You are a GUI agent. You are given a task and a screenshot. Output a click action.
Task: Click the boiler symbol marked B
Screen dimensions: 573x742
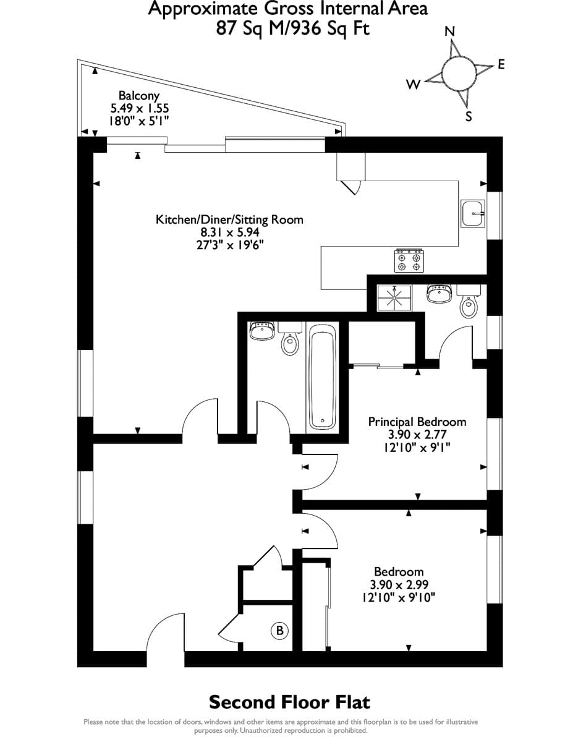[x=279, y=630]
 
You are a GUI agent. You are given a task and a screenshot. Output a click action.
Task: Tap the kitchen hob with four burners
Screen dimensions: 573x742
[x=409, y=261]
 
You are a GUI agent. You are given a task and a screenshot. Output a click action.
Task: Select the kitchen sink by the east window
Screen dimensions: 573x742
[x=473, y=213]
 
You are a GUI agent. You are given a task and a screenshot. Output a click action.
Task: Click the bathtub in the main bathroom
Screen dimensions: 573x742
[x=323, y=377]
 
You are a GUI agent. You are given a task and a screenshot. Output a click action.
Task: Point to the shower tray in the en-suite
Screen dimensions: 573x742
[x=394, y=298]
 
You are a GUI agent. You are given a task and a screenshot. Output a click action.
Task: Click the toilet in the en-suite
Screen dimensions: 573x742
[x=469, y=302]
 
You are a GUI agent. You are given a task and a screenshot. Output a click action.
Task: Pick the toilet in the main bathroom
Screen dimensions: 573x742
[x=290, y=338]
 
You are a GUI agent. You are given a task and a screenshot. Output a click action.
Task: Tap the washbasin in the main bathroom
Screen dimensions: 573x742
[x=262, y=331]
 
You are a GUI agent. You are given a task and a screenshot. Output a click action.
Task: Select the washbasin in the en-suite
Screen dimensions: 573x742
[x=439, y=293]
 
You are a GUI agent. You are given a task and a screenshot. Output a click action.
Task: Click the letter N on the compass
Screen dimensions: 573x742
[x=450, y=32]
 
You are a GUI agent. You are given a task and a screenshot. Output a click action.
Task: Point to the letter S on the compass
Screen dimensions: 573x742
[x=469, y=116]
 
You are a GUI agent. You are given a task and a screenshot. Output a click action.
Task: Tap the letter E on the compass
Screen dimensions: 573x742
[x=501, y=64]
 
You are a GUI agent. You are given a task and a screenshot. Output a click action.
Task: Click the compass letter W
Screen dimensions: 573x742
[x=414, y=84]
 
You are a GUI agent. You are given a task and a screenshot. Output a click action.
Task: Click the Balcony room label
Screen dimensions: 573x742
[x=139, y=95]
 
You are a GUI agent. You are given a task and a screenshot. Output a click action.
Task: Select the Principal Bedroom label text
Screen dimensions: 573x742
[x=417, y=422]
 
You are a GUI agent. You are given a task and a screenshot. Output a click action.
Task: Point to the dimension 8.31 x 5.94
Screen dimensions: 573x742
[x=230, y=232]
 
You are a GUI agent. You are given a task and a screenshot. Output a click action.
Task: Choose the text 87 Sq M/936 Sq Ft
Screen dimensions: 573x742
[x=293, y=28]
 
